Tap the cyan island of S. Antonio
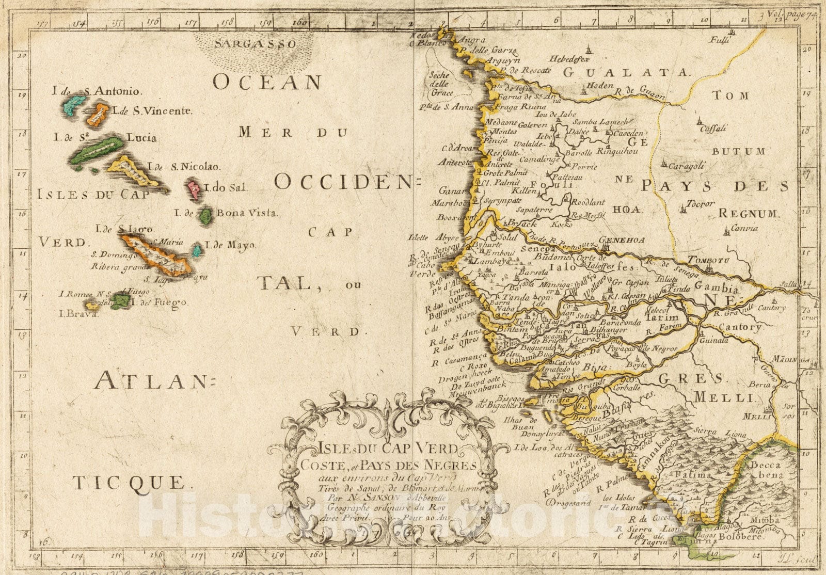pyautogui.click(x=75, y=105)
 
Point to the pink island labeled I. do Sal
pyautogui.click(x=195, y=190)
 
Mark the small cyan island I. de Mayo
pyautogui.click(x=197, y=251)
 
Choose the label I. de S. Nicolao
pyautogui.click(x=184, y=167)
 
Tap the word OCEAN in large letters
pyautogui.click(x=268, y=83)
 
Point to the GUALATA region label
pyautogui.click(x=626, y=73)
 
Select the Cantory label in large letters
pyautogui.click(x=739, y=327)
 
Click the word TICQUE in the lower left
pyautogui.click(x=129, y=483)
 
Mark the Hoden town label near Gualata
pyautogui.click(x=600, y=86)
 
